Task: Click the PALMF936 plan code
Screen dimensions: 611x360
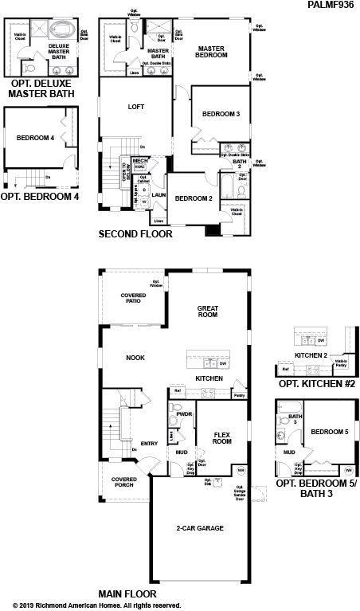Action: click(x=332, y=5)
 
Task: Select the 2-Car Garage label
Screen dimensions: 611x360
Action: click(x=199, y=528)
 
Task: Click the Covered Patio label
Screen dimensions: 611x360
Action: click(x=133, y=299)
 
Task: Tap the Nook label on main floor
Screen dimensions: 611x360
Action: click(x=135, y=358)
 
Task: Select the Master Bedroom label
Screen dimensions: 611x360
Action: click(x=213, y=53)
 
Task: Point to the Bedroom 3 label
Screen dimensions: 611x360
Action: click(x=221, y=115)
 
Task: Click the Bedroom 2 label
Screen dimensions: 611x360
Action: click(x=194, y=198)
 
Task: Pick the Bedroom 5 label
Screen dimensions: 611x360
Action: click(x=330, y=432)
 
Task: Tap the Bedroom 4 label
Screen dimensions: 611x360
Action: click(x=35, y=138)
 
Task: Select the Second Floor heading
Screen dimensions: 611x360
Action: click(x=135, y=234)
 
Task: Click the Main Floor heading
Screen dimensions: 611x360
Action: click(x=127, y=594)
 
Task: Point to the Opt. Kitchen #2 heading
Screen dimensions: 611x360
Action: click(x=316, y=384)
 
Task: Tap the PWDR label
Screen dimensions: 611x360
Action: click(x=184, y=415)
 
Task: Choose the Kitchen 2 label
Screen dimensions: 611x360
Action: click(x=311, y=354)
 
